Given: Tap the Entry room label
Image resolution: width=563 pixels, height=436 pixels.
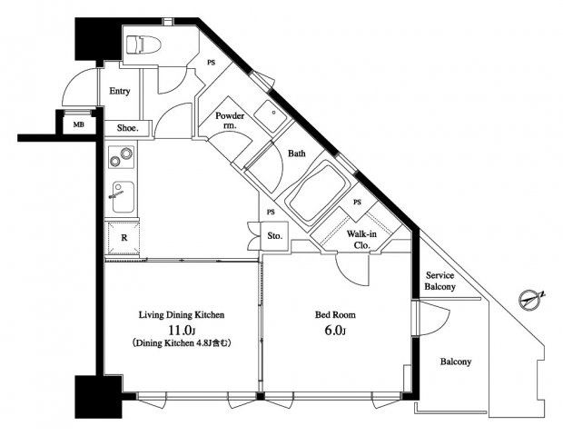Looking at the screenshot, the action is [x=120, y=91].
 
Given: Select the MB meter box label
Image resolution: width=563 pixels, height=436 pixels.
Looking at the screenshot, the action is [x=79, y=125].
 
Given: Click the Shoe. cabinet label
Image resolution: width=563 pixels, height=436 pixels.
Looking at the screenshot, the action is [x=128, y=128].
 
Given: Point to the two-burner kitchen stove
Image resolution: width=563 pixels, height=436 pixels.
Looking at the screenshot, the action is [x=122, y=157].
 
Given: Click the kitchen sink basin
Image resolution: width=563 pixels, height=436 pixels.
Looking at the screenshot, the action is [x=123, y=197].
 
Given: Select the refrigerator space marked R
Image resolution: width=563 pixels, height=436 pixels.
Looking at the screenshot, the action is [x=123, y=238].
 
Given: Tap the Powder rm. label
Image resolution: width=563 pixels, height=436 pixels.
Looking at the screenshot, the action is [x=230, y=121].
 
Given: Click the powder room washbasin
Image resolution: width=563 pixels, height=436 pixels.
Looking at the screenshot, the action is [x=270, y=116].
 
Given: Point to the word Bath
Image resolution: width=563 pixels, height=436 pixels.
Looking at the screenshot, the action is [x=297, y=154].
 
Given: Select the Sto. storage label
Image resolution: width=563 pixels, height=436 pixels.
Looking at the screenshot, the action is [x=274, y=236].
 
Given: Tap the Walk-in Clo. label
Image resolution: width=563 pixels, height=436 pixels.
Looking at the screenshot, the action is [x=361, y=240].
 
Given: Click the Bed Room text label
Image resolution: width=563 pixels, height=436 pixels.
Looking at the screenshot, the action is [x=335, y=315].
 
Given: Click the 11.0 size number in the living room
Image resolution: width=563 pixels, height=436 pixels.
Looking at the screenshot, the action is [x=182, y=331].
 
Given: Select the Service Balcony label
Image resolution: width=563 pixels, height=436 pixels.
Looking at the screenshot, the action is [x=440, y=281].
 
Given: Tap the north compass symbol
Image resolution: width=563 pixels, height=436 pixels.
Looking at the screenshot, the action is [x=531, y=299].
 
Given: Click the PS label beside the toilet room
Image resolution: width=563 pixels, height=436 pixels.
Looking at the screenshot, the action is [x=211, y=63].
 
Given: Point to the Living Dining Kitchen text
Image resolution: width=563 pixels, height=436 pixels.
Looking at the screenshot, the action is [x=182, y=315].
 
